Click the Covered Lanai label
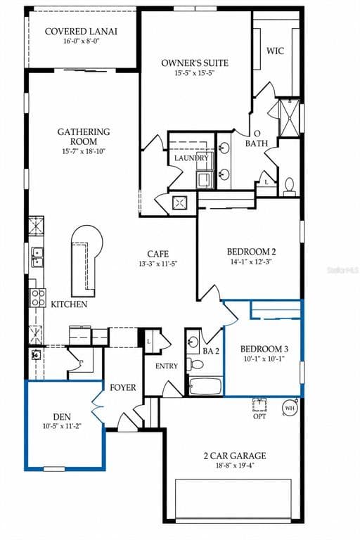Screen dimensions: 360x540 point(81,32)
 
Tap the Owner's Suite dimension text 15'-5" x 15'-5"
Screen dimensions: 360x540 point(195,73)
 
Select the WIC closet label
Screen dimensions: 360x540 point(275,51)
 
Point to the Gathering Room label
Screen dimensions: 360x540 point(84,136)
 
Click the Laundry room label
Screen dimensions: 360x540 point(191,158)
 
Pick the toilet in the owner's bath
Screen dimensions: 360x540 point(290,187)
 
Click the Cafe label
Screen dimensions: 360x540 point(157,254)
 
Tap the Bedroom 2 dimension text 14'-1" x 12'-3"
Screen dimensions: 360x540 point(252,262)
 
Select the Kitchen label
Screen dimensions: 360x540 point(69,304)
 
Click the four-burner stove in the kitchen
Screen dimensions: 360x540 point(37,297)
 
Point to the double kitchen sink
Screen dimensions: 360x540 point(37,257)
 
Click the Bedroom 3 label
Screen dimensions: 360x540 point(264,349)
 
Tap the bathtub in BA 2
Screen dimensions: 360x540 point(205,387)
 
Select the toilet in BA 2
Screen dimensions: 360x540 point(195,364)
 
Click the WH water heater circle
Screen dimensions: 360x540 point(290,409)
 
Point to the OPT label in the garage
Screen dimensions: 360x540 point(259,416)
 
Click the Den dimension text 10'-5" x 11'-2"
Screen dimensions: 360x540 point(62,426)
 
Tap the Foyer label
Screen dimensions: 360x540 point(123,388)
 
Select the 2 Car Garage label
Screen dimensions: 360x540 point(235,456)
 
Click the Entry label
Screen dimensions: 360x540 point(167,366)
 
